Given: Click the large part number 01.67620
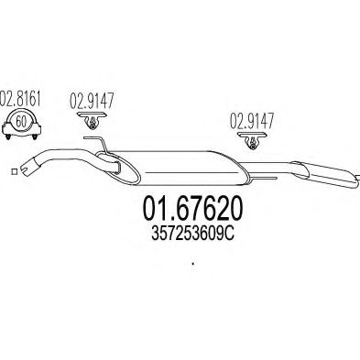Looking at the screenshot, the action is pyautogui.click(x=193, y=209).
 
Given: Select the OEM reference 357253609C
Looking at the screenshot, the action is pyautogui.click(x=192, y=235).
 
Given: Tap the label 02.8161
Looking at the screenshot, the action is pyautogui.click(x=20, y=99).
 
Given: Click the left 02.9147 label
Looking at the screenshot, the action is pyautogui.click(x=92, y=101).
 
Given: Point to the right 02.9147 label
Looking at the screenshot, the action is pyautogui.click(x=252, y=121).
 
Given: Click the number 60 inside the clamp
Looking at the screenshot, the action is pyautogui.click(x=20, y=122).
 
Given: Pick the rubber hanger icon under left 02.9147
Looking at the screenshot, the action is pyautogui.click(x=92, y=120).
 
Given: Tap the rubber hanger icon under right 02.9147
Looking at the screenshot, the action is pyautogui.click(x=252, y=140).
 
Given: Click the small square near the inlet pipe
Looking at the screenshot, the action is pyautogui.click(x=14, y=172).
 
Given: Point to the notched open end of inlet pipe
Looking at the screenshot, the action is pyautogui.click(x=27, y=168).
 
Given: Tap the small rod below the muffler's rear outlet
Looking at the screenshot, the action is pyautogui.click(x=263, y=178).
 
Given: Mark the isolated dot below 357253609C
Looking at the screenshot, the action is pyautogui.click(x=193, y=263).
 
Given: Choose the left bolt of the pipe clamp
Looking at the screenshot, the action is pyautogui.click(x=8, y=136).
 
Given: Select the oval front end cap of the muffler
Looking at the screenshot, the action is pyautogui.click(x=117, y=168).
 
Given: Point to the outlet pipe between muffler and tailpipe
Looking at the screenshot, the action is pyautogui.click(x=268, y=169).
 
